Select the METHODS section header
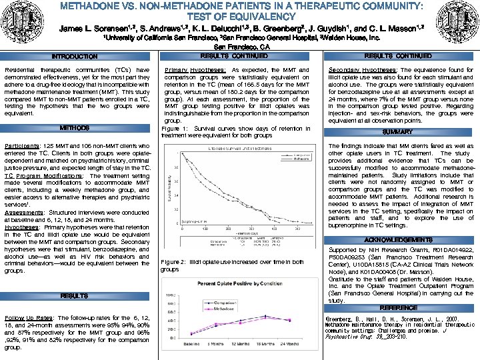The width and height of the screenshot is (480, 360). (75, 127)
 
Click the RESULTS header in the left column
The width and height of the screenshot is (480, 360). (75, 295)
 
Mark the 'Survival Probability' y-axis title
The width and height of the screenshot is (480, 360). (169, 190)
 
